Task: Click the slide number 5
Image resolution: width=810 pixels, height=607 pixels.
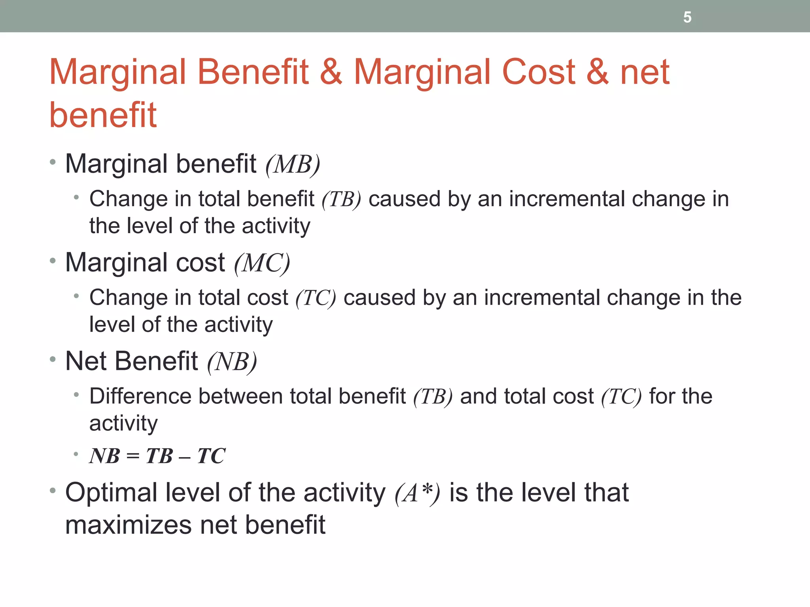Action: point(687,17)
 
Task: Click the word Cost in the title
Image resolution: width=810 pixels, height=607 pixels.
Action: point(538,72)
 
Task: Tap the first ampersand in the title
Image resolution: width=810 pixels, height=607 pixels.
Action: point(331,72)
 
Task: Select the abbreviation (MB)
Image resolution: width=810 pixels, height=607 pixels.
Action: point(293,164)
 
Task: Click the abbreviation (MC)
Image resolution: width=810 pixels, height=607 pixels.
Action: point(262,263)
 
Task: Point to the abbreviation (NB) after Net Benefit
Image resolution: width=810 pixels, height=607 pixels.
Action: point(232,362)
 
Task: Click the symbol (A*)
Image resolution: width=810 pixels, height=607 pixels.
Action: point(417,493)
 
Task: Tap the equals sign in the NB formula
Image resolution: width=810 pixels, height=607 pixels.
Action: point(133,457)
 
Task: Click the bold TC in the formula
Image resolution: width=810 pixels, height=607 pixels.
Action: point(211,456)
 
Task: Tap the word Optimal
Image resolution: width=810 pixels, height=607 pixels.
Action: point(111,493)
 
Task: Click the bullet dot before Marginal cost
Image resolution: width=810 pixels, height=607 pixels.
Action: point(53,261)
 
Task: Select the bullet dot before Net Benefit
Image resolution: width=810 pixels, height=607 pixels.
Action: point(53,360)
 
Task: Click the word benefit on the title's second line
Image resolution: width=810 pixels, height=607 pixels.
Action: point(103,115)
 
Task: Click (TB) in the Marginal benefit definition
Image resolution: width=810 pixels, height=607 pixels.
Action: point(341,199)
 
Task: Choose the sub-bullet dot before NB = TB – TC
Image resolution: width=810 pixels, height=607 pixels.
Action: point(76,454)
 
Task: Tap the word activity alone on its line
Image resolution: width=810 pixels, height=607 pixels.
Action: point(123,424)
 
